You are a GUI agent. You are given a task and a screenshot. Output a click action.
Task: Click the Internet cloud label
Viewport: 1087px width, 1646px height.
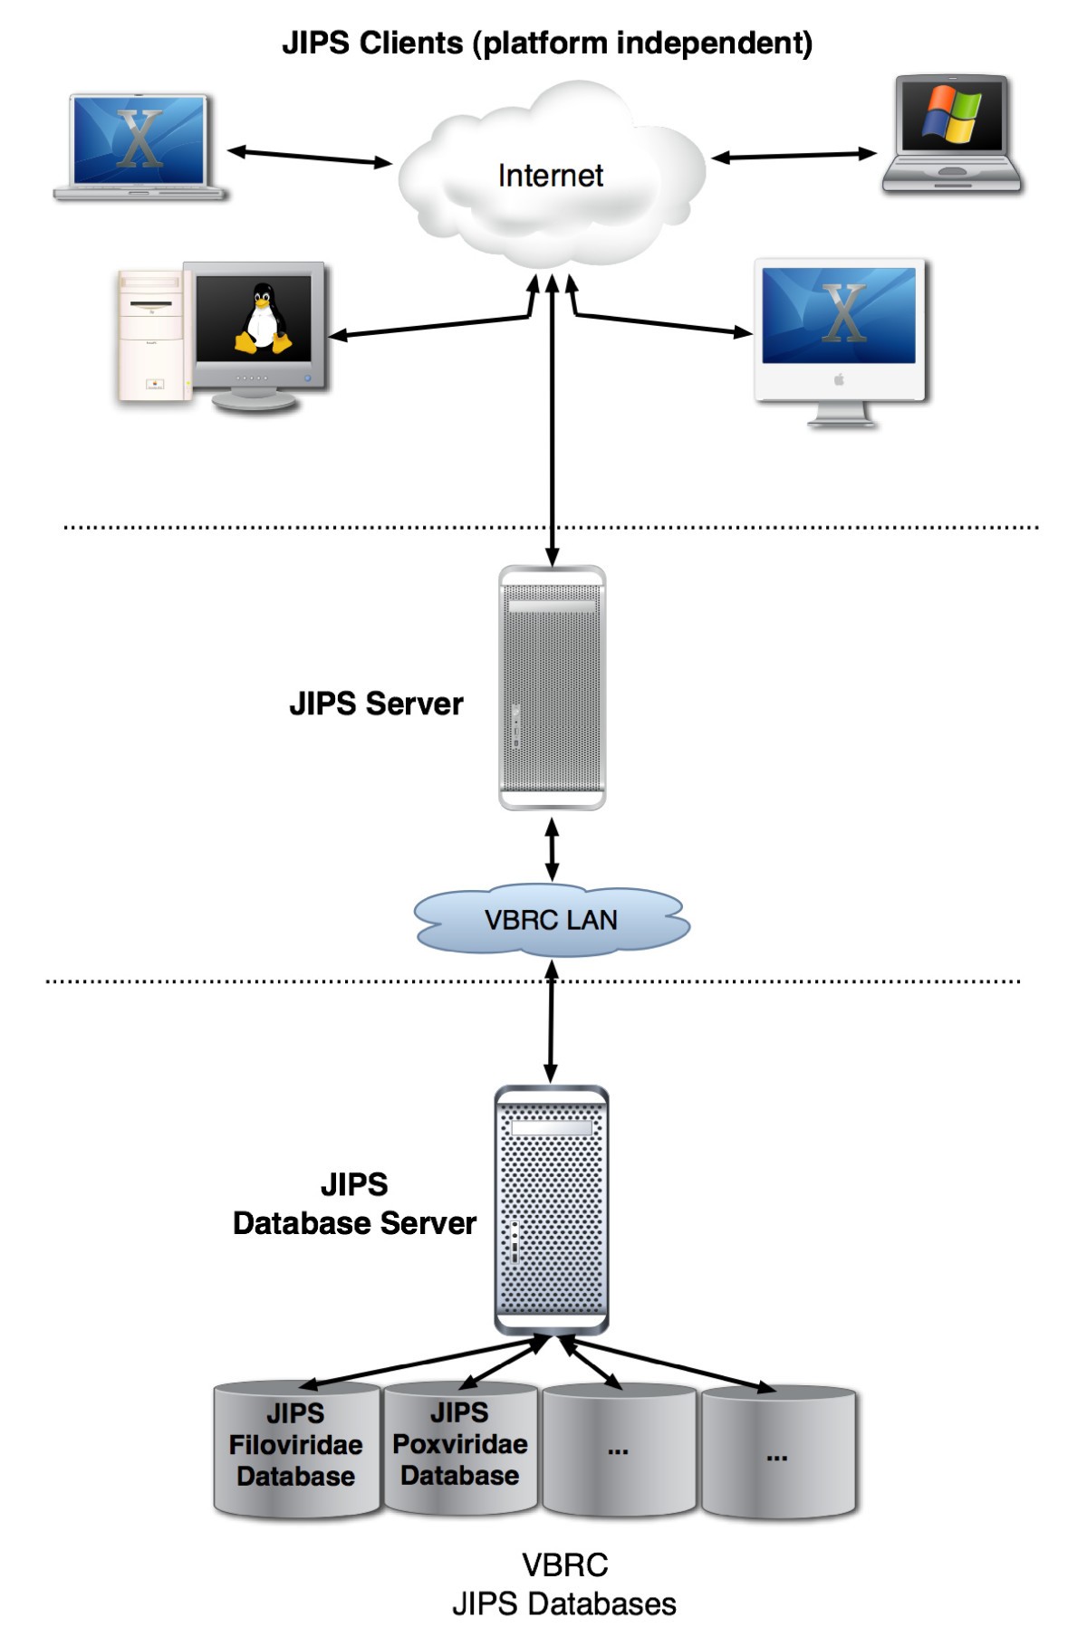pyautogui.click(x=550, y=176)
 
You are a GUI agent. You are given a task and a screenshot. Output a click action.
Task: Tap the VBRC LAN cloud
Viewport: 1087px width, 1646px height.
pyautogui.click(x=551, y=920)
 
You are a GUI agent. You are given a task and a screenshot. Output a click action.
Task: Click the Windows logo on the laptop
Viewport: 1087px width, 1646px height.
pyautogui.click(x=951, y=115)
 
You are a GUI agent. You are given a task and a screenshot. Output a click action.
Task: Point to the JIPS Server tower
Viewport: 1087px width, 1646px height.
pyautogui.click(x=552, y=688)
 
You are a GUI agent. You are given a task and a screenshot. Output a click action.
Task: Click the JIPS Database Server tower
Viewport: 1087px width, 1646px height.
pyautogui.click(x=551, y=1211)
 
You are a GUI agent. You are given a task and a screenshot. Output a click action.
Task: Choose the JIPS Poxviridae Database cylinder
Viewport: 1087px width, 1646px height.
pyautogui.click(x=460, y=1447)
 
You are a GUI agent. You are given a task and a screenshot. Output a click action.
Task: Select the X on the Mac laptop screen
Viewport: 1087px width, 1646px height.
pyautogui.click(x=139, y=139)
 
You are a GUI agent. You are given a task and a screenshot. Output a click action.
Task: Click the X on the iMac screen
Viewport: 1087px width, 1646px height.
pyautogui.click(x=842, y=313)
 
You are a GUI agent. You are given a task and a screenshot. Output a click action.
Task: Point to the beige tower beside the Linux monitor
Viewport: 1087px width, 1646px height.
pyautogui.click(x=150, y=335)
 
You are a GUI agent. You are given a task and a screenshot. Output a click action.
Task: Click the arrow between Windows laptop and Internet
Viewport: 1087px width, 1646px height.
pyautogui.click(x=794, y=156)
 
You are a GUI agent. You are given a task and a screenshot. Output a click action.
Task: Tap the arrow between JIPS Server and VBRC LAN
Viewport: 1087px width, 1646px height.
pyautogui.click(x=552, y=849)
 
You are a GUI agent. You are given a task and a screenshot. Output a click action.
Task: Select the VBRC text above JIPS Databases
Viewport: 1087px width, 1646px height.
pyautogui.click(x=564, y=1565)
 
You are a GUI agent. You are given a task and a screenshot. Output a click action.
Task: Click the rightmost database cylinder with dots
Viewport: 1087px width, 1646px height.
pyautogui.click(x=778, y=1453)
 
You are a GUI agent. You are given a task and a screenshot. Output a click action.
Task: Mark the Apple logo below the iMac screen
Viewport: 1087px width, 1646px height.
pyautogui.click(x=839, y=379)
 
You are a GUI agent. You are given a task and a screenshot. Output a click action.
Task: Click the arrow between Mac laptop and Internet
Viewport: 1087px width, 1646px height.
pyautogui.click(x=309, y=157)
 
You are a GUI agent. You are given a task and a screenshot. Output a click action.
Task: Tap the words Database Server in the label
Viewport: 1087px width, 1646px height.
pyautogui.click(x=354, y=1223)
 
